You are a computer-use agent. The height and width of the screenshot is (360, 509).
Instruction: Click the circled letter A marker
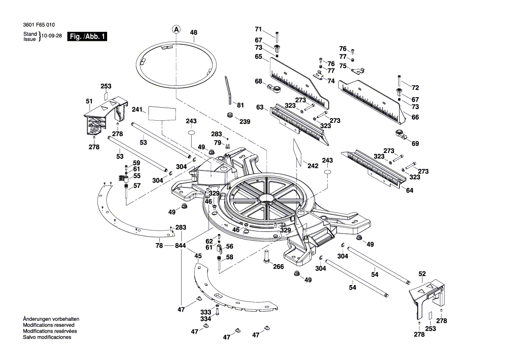(176, 29)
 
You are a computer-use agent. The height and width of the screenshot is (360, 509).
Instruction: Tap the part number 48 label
(194, 32)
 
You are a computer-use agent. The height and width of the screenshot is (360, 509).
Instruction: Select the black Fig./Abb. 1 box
(87, 37)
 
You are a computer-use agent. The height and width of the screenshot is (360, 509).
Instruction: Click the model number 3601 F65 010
(39, 25)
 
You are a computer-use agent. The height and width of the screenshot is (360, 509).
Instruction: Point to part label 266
(279, 267)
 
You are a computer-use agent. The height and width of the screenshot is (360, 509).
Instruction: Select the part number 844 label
(180, 246)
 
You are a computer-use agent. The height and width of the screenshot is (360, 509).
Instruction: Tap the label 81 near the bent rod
(240, 105)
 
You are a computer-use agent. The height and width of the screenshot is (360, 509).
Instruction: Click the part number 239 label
(245, 122)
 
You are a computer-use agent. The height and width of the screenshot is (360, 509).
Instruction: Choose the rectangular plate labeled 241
(162, 113)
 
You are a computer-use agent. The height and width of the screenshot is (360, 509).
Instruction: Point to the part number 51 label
(89, 102)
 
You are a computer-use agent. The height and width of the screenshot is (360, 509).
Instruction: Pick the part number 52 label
(422, 274)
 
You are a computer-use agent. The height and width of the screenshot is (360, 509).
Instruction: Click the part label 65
(259, 57)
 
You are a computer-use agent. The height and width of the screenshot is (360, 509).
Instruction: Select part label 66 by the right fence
(415, 117)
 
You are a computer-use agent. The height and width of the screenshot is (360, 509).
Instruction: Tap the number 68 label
(259, 82)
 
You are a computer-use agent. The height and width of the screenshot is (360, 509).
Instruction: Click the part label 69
(415, 143)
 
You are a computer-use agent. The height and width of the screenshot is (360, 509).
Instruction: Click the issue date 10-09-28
(51, 36)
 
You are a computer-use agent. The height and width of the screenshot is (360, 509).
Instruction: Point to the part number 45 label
(198, 256)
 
